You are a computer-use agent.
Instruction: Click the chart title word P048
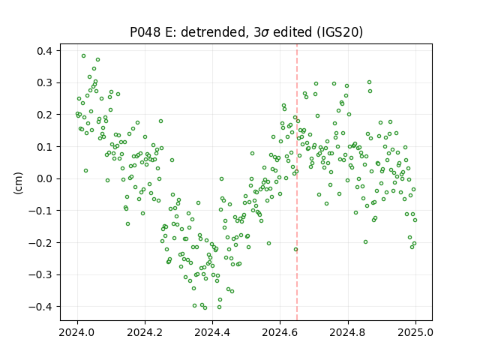(x=145, y=32)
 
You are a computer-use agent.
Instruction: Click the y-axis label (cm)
(x=18, y=183)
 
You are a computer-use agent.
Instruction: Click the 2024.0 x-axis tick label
(x=77, y=332)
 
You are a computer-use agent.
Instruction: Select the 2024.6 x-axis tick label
(x=280, y=332)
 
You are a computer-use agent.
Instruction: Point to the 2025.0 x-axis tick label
(x=415, y=332)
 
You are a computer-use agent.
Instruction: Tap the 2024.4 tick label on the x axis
(x=212, y=332)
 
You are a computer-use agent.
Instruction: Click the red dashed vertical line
(x=297, y=182)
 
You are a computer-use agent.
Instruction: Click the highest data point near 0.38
(x=83, y=56)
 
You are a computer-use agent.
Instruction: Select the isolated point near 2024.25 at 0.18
(x=160, y=121)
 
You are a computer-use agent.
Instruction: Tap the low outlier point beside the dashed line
(x=295, y=250)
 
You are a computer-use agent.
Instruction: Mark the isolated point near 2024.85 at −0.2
(x=365, y=241)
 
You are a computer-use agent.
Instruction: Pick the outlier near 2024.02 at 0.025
(x=85, y=170)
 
